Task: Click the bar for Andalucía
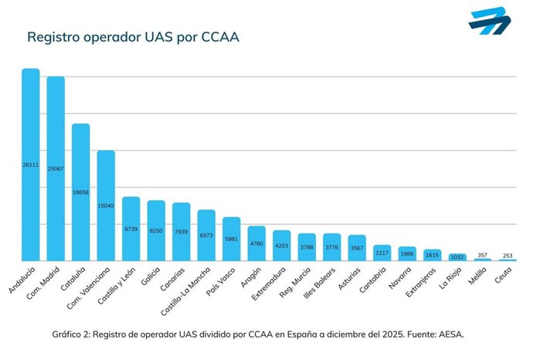pos(30,165)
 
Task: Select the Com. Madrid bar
pos(56,168)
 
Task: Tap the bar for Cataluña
pos(80,192)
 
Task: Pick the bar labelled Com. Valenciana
pos(106,205)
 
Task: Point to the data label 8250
pos(156,231)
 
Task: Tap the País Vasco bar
pos(231,239)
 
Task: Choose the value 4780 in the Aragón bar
pos(256,244)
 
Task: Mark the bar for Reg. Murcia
pos(307,247)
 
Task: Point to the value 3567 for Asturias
pos(357,248)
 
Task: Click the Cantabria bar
pos(382,253)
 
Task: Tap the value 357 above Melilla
pos(482,254)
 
